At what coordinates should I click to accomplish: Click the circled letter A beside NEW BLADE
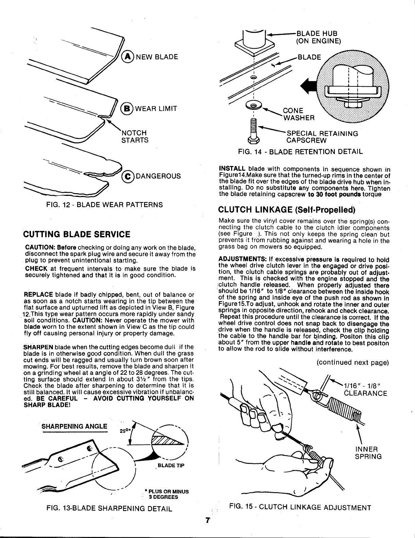tap(129, 56)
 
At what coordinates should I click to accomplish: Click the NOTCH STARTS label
tap(135, 136)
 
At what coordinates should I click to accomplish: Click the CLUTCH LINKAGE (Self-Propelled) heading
tap(287, 208)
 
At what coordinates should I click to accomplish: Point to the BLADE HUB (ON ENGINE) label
tap(318, 37)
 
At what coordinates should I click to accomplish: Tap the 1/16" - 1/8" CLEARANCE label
tap(365, 389)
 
